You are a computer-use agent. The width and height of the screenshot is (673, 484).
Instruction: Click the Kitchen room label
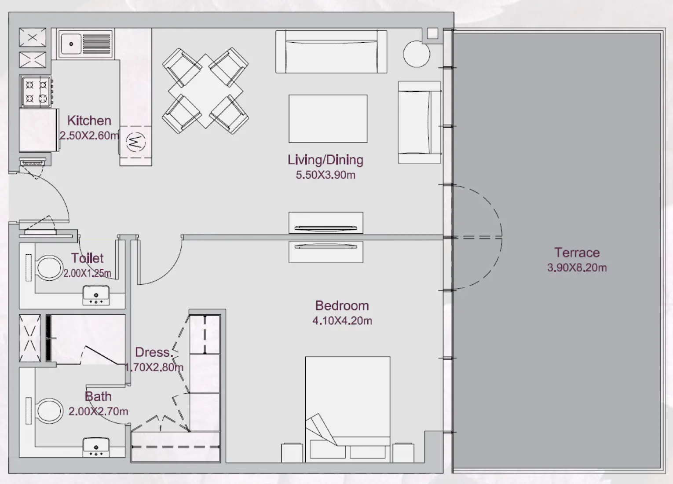89,121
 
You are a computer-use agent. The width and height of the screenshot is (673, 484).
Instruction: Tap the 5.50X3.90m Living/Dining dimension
326,175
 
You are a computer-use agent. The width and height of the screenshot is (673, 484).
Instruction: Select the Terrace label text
577,253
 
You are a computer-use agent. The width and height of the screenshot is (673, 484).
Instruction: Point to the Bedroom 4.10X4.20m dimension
342,321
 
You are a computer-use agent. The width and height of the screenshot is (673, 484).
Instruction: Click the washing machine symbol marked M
135,141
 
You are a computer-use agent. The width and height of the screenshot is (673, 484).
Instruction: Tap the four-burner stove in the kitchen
36,92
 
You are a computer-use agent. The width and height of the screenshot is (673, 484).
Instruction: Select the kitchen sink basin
70,44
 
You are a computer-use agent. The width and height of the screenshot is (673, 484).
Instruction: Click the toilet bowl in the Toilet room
48,268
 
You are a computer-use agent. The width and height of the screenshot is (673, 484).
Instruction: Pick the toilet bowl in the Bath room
48,411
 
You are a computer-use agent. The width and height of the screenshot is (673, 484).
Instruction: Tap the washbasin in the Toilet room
96,295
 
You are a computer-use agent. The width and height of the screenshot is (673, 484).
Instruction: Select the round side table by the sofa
416,54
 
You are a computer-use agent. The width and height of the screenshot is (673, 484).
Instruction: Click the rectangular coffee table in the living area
328,119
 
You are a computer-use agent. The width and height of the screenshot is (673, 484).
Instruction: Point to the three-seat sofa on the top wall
331,51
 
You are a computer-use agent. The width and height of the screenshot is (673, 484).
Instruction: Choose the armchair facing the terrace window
419,122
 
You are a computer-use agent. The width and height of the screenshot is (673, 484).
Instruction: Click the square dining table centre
205,91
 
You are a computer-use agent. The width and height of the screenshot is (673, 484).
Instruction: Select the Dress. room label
153,352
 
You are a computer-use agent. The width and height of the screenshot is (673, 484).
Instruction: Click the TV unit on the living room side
326,223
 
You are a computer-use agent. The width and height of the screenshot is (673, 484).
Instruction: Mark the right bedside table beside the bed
403,452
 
